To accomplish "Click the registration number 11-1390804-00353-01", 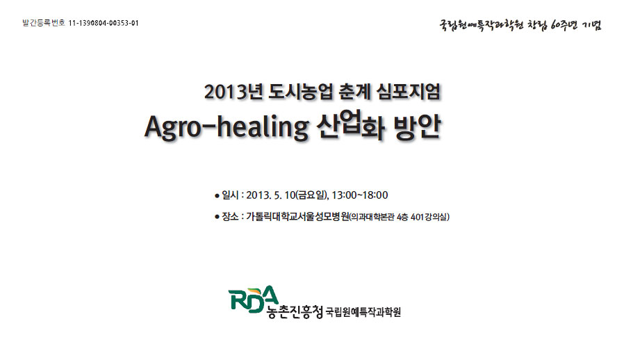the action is point(104,23).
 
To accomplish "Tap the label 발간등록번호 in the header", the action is point(44,23).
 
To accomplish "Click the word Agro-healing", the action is point(227,127).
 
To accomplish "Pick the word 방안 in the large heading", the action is point(418,127).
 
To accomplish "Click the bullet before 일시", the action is point(217,196).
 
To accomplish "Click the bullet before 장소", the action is point(217,217).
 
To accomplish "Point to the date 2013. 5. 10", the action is point(270,195).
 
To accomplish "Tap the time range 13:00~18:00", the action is point(360,195).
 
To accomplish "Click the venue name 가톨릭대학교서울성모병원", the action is point(297,217).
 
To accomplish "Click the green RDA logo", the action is point(254,300).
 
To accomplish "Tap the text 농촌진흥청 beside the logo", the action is point(295,312).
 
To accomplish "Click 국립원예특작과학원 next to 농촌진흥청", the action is point(363,312).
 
